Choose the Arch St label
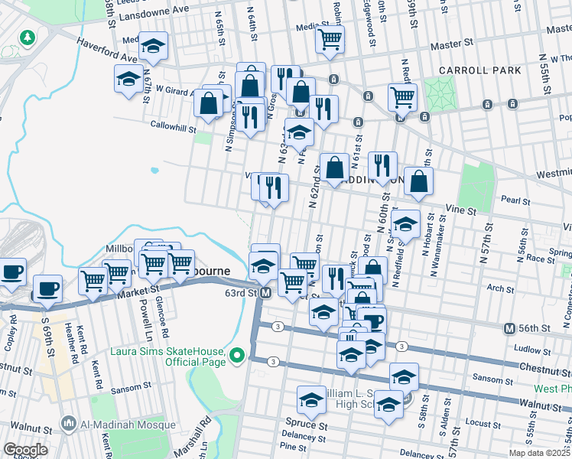click(x=499, y=288)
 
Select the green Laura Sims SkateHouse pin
click(x=237, y=355)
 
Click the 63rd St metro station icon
click(x=266, y=294)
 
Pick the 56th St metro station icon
click(x=510, y=328)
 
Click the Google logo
click(x=24, y=450)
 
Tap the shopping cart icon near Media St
click(x=330, y=41)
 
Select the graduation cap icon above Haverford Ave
click(x=153, y=47)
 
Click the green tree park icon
click(x=28, y=37)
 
